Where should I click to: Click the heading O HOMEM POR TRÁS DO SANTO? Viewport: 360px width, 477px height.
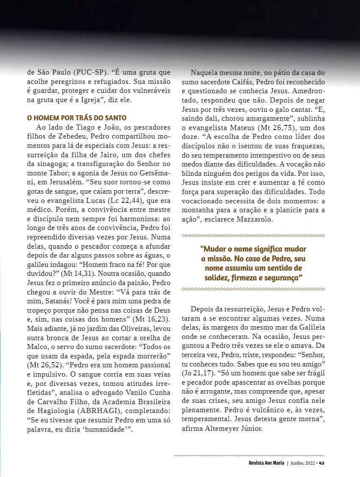(x=77, y=117)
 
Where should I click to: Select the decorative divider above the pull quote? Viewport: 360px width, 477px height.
(x=253, y=236)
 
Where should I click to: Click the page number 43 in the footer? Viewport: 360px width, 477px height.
(x=322, y=463)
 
